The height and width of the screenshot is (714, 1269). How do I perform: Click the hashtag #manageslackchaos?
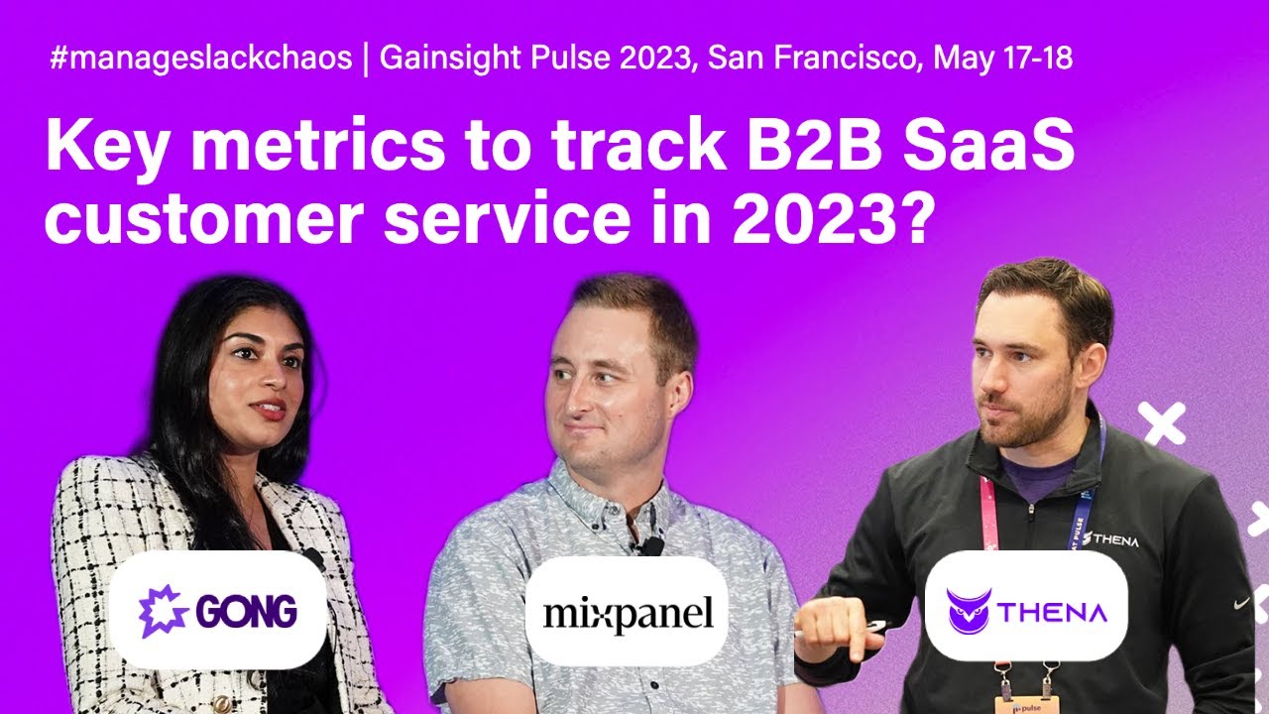(x=200, y=59)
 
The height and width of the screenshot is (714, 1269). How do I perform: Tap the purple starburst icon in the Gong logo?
(x=159, y=611)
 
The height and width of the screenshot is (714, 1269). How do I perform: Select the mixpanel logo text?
(x=628, y=613)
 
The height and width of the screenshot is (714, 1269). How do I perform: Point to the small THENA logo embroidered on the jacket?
(x=1110, y=540)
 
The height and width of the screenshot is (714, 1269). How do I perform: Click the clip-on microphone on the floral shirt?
(x=650, y=545)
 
